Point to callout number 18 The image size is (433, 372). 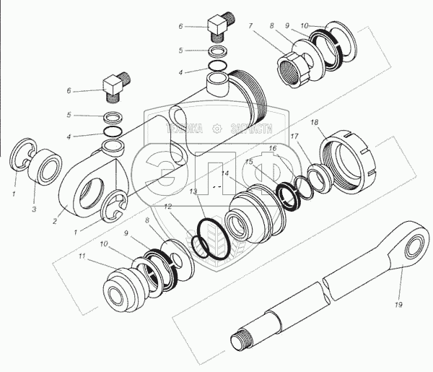315,124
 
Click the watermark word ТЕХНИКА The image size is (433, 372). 187,129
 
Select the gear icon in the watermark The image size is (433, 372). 216,129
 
